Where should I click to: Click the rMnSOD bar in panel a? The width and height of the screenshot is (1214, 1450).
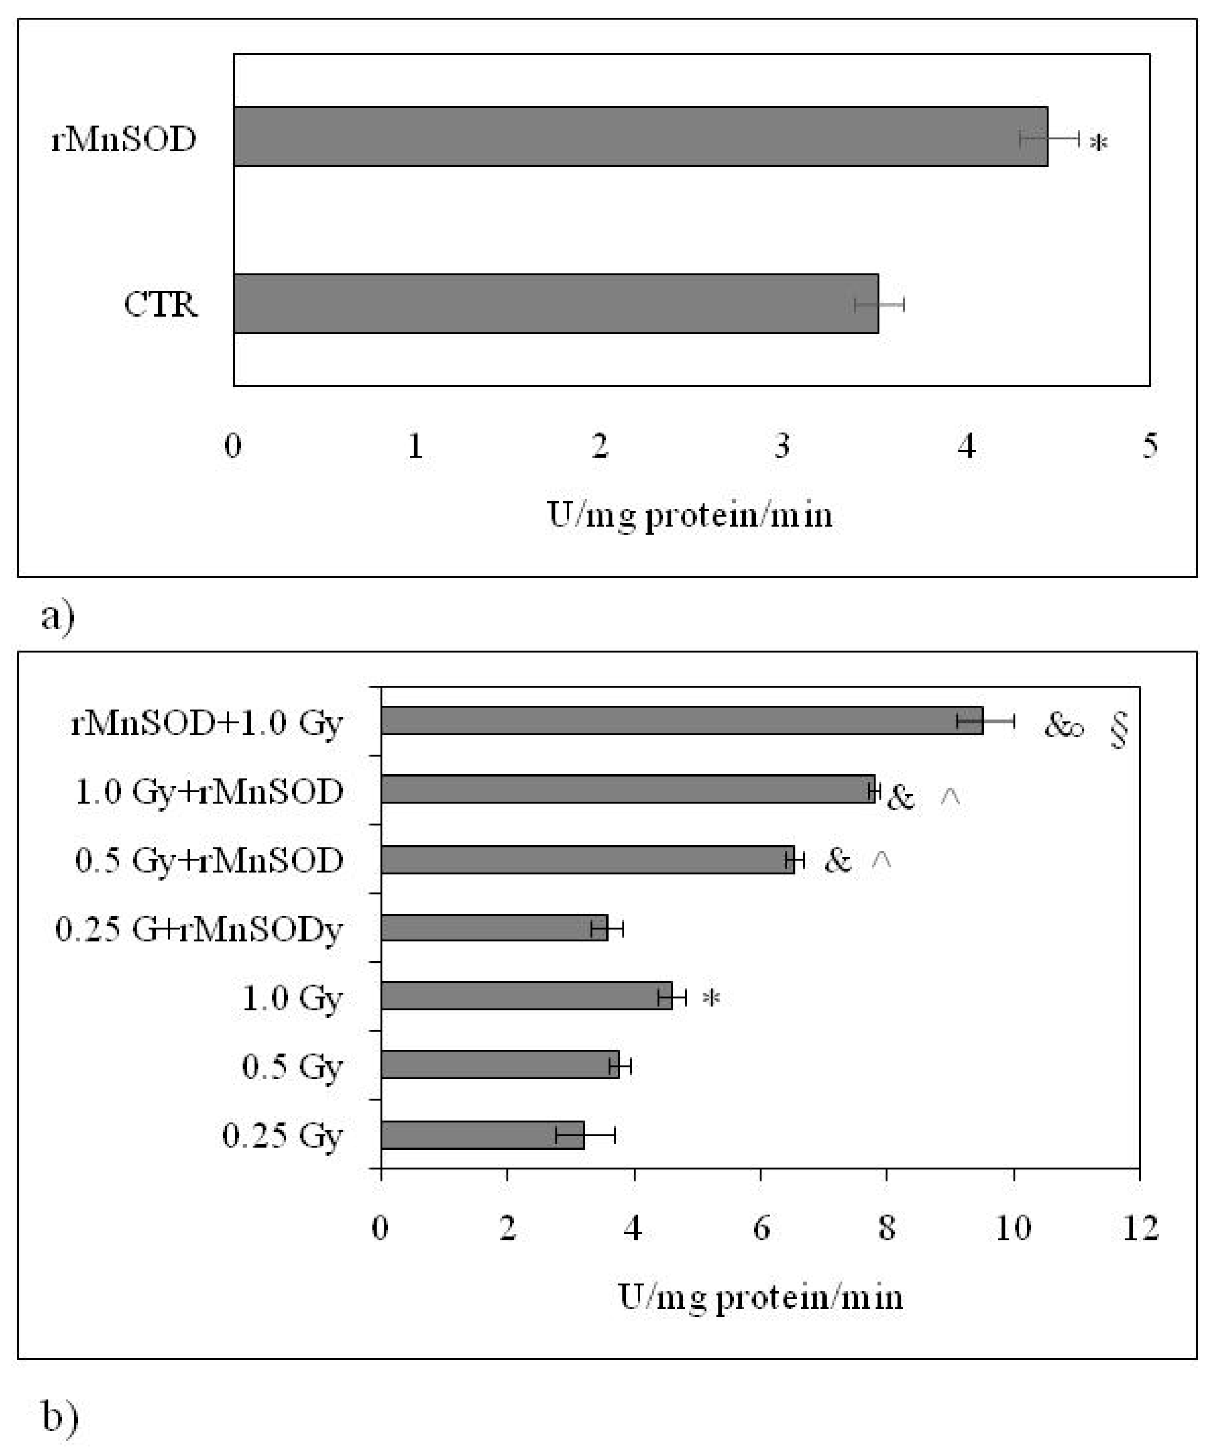coord(641,137)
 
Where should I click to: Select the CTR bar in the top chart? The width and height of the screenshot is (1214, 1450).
coord(556,304)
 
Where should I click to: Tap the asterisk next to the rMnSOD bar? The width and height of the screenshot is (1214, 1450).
coord(1098,143)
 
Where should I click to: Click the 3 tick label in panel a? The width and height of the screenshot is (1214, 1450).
coord(782,446)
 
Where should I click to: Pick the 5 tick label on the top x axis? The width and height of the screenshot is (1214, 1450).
coord(1150,446)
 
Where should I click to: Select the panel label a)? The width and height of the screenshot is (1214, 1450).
coord(57,616)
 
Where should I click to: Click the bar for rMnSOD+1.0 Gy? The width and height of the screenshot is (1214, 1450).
coord(682,720)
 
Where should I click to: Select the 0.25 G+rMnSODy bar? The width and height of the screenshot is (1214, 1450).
coord(494,927)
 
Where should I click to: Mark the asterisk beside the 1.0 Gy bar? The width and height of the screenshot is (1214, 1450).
coord(711,998)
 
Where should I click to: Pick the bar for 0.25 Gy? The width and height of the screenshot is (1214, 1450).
coord(482,1135)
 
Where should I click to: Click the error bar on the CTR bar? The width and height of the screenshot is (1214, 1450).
coord(879,304)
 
